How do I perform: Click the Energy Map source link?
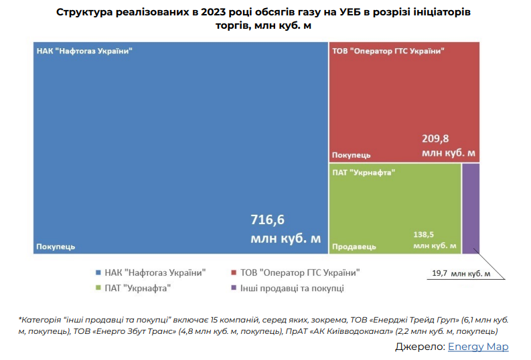(478, 346)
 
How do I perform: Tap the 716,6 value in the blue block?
(267, 219)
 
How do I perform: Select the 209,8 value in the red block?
(435, 139)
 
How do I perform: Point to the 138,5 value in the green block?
(425, 236)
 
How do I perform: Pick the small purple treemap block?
(471, 208)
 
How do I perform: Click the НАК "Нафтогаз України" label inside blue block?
(84, 51)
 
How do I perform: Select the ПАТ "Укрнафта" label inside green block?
(364, 173)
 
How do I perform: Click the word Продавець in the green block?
(353, 246)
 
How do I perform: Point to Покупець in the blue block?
(56, 246)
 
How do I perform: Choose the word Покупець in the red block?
(352, 155)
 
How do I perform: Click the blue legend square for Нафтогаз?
(99, 272)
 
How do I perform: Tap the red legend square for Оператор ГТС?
(234, 272)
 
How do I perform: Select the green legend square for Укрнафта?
(99, 288)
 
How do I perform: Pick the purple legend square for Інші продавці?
(234, 288)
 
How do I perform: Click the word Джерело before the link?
(419, 346)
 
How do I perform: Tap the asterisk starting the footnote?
(21, 319)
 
